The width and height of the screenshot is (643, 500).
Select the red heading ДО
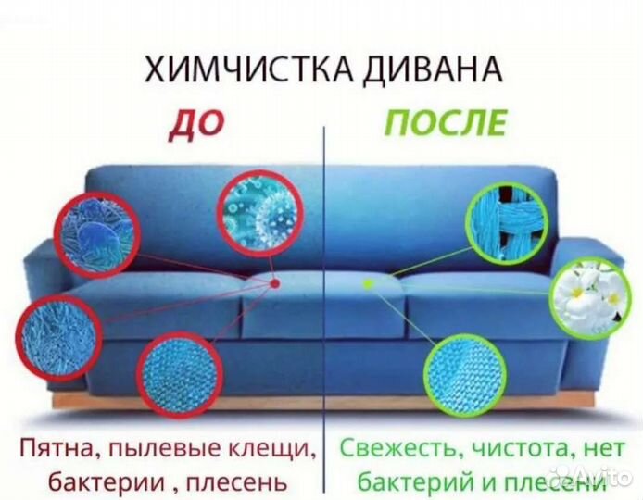click(x=192, y=123)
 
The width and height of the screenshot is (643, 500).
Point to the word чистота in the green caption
click(x=516, y=449)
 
